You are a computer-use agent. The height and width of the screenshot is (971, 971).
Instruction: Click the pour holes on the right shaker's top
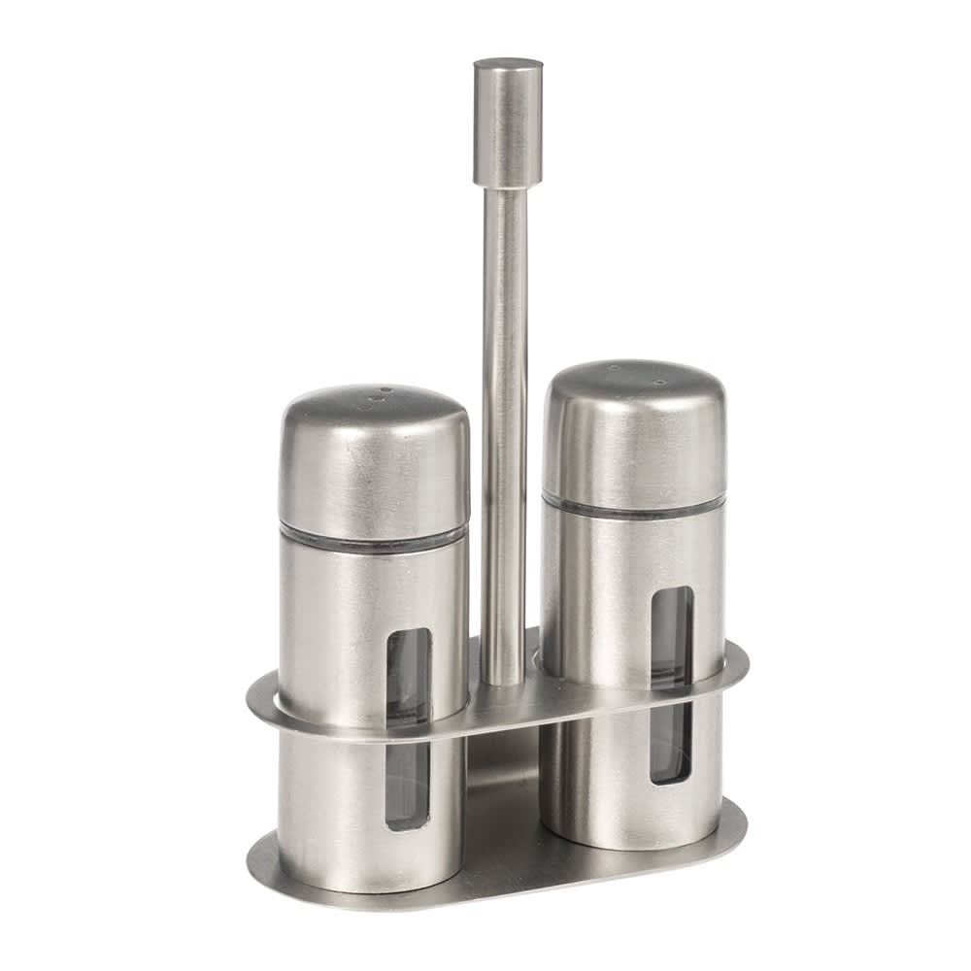tap(636, 374)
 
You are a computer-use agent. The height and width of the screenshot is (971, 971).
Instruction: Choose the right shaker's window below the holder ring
tap(670, 743)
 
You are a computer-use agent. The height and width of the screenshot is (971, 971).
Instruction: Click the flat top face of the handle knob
tap(508, 65)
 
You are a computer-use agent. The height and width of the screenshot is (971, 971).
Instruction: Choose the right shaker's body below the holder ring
tap(592, 777)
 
